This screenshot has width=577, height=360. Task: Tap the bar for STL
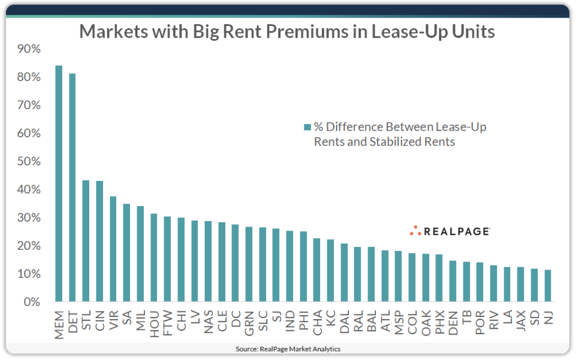(86, 241)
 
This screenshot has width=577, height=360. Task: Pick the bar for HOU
(154, 257)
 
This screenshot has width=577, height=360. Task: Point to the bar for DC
(235, 263)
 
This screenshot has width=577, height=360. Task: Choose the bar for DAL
(344, 272)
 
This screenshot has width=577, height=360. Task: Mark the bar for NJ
(548, 286)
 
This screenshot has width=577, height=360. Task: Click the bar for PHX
(439, 278)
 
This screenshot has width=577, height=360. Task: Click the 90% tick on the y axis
(30, 49)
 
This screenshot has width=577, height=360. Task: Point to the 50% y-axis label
(30, 162)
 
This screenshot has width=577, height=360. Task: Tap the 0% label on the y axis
(33, 302)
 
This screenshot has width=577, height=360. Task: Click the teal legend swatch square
(308, 127)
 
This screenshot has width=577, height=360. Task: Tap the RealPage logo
(450, 231)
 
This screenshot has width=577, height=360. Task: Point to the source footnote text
(288, 349)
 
